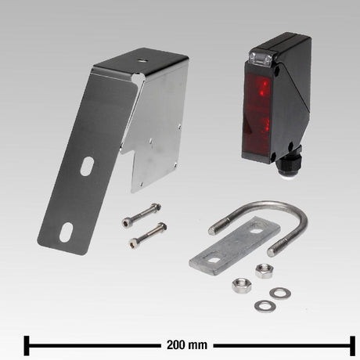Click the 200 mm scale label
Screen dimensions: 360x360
click(187, 345)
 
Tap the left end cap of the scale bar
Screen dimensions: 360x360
click(27, 346)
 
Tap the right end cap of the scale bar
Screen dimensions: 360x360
click(352, 346)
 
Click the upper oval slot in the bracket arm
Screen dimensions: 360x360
click(87, 166)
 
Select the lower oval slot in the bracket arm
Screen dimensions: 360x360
click(66, 232)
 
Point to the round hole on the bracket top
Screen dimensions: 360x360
click(142, 60)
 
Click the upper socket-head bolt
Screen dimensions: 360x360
click(141, 215)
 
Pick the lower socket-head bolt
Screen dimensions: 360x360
click(148, 235)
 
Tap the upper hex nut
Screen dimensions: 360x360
click(265, 271)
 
